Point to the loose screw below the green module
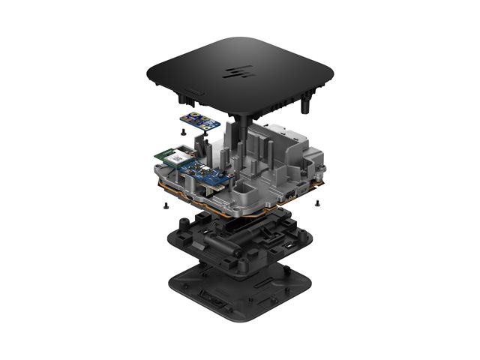[x=164, y=202]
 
